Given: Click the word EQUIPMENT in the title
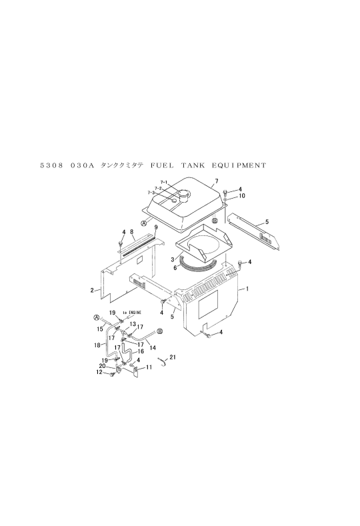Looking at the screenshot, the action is pos(239,165).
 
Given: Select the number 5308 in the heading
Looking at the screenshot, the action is pos(52,165).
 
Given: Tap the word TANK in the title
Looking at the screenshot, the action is pos(193,165).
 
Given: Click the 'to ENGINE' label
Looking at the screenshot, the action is pos(132,312).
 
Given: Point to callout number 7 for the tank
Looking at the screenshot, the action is pos(217,181).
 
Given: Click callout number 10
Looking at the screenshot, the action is pos(242,195).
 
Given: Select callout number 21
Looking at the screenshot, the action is pos(173,357).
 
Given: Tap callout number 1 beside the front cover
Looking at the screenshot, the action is pos(247,289).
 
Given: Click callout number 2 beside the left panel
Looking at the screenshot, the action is pos(92,290).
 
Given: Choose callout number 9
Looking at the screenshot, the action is pos(156,227).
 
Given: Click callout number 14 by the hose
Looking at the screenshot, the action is pos(153,348).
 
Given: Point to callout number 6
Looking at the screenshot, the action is pos(175,268).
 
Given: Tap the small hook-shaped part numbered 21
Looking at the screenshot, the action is pos(163,361).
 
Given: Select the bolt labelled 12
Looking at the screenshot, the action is pos(110,374).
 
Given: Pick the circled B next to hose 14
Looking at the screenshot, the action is pos(160,331).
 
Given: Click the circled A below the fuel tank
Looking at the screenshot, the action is pos(144,223).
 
